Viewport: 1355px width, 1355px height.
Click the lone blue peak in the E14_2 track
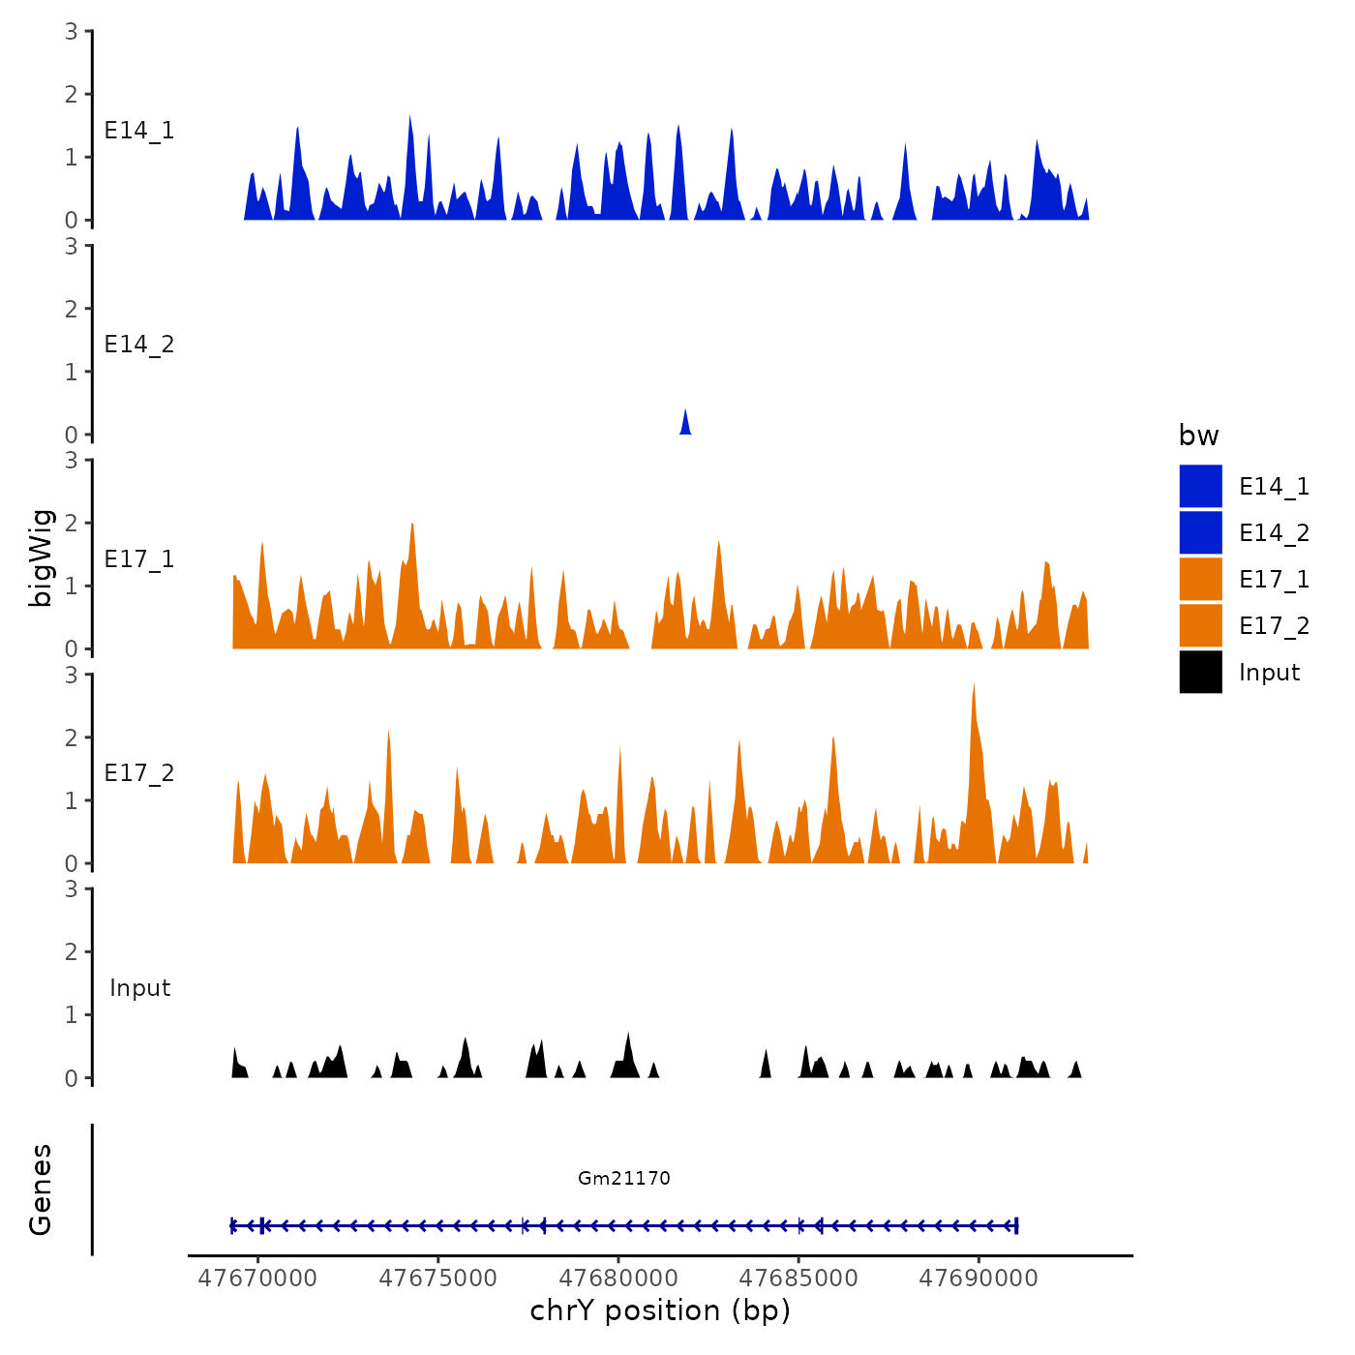point(685,424)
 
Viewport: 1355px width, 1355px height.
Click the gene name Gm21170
point(624,1178)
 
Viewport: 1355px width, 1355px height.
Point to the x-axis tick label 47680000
point(618,1278)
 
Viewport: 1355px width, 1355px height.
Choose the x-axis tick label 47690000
point(979,1278)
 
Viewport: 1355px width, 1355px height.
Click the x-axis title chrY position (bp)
point(660,1310)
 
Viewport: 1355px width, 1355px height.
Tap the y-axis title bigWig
point(41,558)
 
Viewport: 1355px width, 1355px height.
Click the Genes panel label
point(41,1189)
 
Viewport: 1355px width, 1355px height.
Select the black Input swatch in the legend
point(1200,673)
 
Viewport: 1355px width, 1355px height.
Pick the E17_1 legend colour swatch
point(1200,580)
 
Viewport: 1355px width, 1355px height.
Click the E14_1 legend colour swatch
point(1200,487)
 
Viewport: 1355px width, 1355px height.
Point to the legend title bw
point(1198,436)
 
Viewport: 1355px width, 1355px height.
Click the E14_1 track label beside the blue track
point(139,131)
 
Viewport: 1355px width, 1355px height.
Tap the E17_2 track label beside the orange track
point(139,772)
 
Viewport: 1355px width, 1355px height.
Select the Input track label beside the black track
point(139,987)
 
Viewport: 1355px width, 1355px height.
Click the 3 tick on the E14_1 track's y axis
point(72,32)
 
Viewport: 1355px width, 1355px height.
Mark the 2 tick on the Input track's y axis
point(72,951)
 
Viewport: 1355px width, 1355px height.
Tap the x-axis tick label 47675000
point(437,1278)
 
